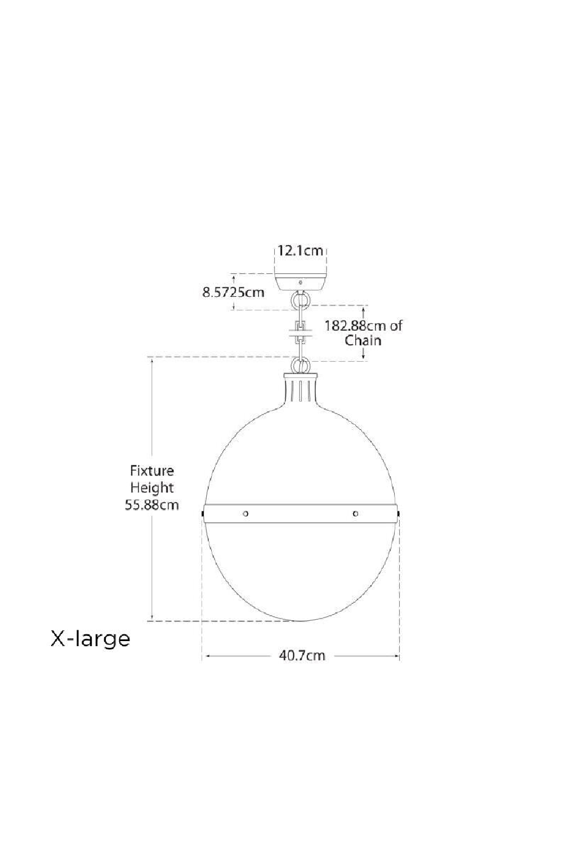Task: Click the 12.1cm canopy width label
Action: [x=301, y=251]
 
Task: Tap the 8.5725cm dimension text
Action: [x=234, y=292]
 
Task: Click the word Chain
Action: [x=363, y=340]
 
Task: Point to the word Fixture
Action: [x=152, y=470]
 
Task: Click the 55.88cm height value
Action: [x=152, y=505]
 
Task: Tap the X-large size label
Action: [x=91, y=639]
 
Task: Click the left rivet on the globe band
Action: [x=245, y=513]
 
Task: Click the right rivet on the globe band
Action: [x=355, y=513]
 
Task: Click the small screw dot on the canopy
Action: [x=301, y=282]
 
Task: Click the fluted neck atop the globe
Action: [x=301, y=388]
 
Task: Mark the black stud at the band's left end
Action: [x=202, y=514]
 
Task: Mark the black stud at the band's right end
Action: [x=399, y=514]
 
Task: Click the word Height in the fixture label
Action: [x=152, y=487]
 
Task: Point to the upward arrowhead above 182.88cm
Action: [x=364, y=309]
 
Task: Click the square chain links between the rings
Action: [x=301, y=333]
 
